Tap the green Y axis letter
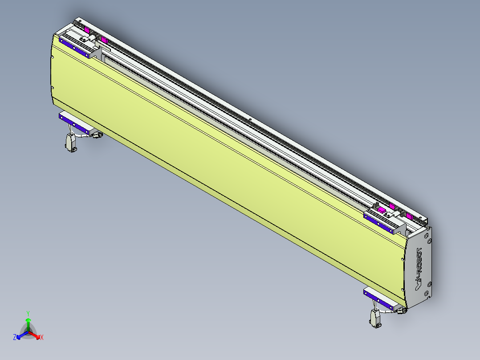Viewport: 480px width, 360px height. click(x=28, y=313)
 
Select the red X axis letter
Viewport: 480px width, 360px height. click(x=42, y=338)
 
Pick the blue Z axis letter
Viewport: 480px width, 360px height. click(x=15, y=338)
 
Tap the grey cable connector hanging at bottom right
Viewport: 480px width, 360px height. click(x=375, y=318)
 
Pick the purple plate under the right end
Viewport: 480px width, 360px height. click(x=379, y=297)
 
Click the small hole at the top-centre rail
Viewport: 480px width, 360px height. click(x=250, y=119)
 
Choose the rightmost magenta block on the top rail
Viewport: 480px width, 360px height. click(x=409, y=217)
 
